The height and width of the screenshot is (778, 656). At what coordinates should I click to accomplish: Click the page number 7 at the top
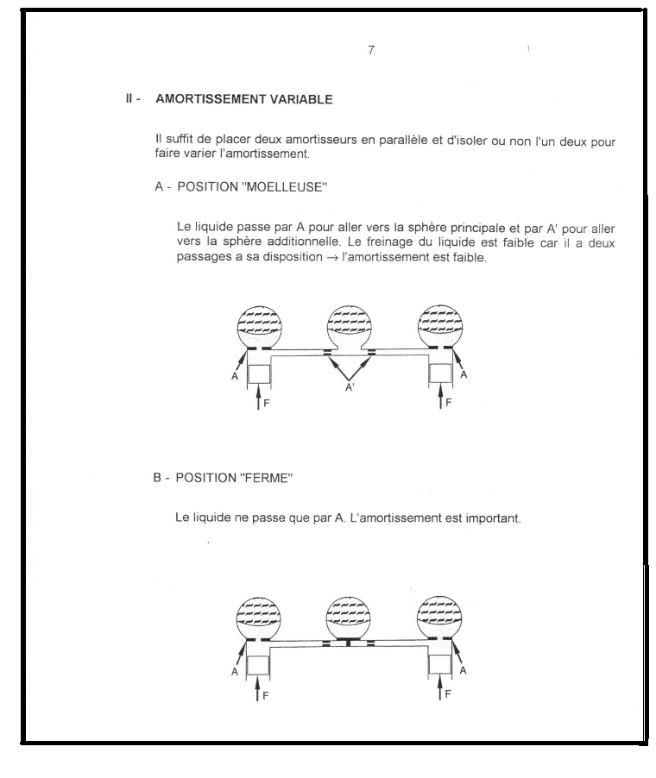tap(371, 50)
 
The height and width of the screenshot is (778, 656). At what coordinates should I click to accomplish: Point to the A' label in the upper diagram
tap(350, 389)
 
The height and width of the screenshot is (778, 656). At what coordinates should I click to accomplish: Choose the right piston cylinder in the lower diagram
tap(440, 663)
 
